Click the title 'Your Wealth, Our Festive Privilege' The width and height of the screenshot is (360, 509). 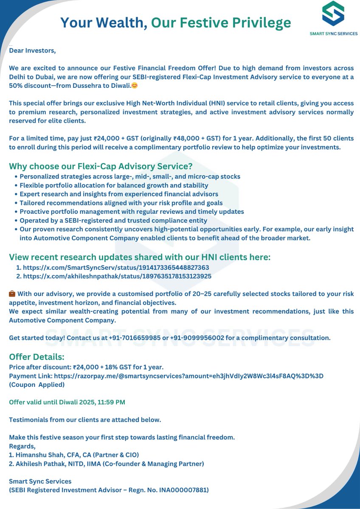[x=175, y=22]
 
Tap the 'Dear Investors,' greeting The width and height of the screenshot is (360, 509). [x=32, y=50]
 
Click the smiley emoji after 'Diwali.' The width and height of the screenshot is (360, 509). [x=134, y=86]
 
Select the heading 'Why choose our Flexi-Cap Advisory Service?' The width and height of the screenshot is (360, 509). [x=101, y=166]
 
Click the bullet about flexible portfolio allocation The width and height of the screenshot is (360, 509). [x=114, y=185]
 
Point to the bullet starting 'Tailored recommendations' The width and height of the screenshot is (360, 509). [x=121, y=203]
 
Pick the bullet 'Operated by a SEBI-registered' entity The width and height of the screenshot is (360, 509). [x=113, y=221]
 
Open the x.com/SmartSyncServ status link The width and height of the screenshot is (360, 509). [x=116, y=268]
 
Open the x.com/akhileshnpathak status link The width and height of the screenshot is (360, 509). [x=117, y=276]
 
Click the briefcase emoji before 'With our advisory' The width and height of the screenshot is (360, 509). [x=12, y=294]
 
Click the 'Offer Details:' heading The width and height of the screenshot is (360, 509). [x=37, y=357]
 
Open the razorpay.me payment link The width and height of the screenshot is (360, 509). [x=189, y=376]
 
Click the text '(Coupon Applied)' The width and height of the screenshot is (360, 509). [x=37, y=385]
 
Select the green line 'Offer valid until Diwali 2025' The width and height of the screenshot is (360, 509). [x=67, y=402]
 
